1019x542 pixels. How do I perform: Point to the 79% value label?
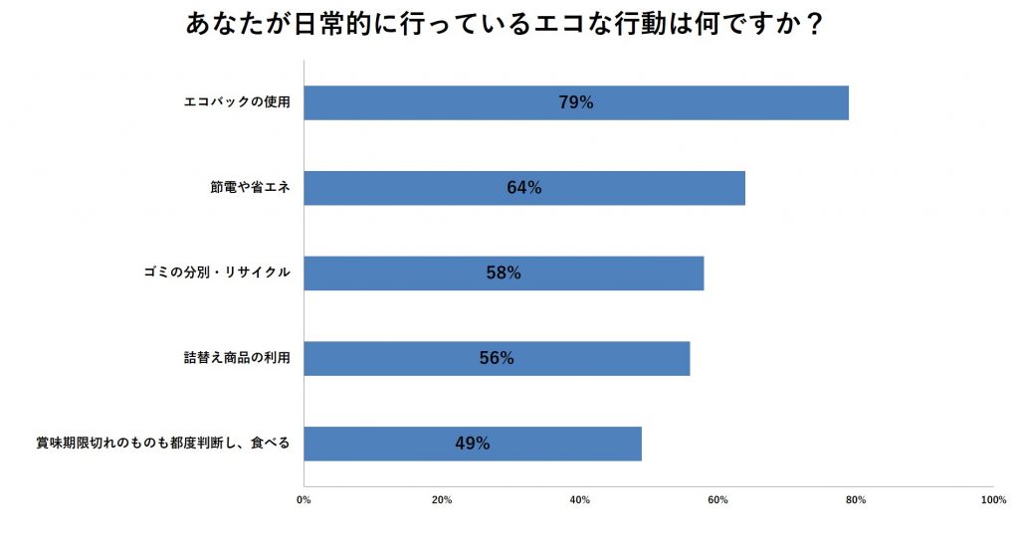click(x=575, y=102)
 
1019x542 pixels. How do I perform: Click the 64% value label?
click(x=523, y=188)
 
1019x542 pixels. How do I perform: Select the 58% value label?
click(x=504, y=272)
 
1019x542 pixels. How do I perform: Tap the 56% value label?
click(x=497, y=358)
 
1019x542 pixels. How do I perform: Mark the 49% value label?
click(x=472, y=444)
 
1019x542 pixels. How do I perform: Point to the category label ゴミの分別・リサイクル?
click(x=216, y=272)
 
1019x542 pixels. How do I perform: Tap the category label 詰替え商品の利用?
click(x=230, y=358)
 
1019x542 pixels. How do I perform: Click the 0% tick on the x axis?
click(x=305, y=499)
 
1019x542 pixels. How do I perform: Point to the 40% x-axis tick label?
click(x=580, y=499)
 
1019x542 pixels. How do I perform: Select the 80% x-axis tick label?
click(x=856, y=499)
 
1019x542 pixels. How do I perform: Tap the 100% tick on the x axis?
click(x=992, y=499)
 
